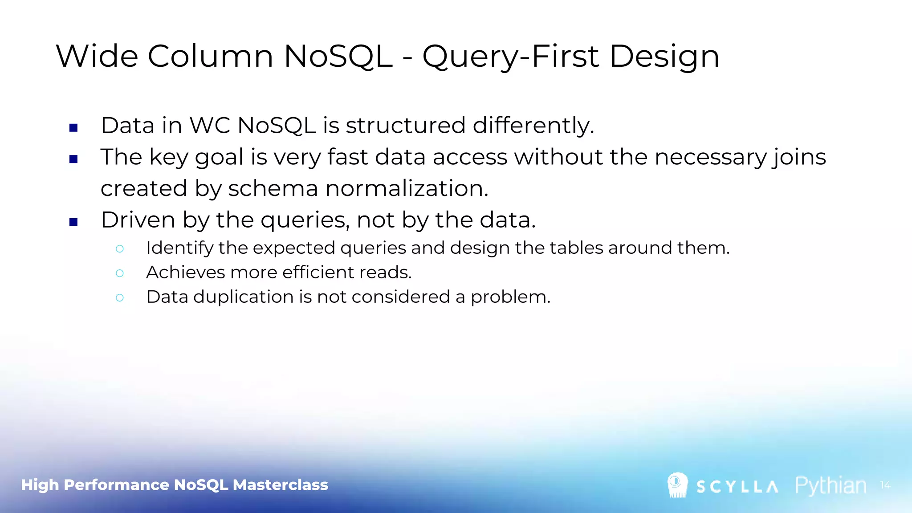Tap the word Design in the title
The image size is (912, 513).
tap(664, 57)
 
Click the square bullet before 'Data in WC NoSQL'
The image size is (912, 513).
tap(74, 128)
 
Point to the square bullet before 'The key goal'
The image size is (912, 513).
tap(74, 159)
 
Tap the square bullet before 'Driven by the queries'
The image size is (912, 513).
tap(74, 222)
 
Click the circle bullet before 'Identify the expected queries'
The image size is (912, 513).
tap(119, 249)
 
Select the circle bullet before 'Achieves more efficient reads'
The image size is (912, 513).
tap(119, 273)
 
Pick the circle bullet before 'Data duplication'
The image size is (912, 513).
tap(119, 297)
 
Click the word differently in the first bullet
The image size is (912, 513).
tap(533, 126)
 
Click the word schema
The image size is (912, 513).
tap(273, 188)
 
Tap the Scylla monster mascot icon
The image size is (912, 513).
tap(677, 485)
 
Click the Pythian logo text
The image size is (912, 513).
tap(831, 485)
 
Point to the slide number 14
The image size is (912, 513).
tap(885, 485)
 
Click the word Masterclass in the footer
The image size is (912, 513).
tap(280, 484)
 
